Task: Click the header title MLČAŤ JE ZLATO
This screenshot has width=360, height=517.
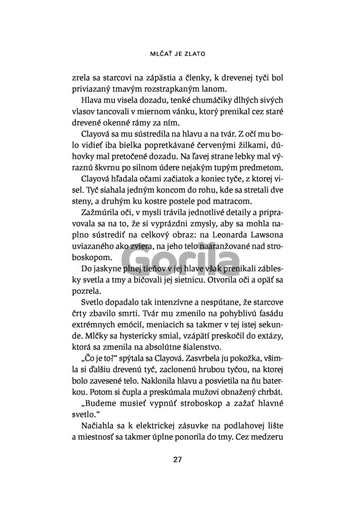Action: point(179,53)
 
